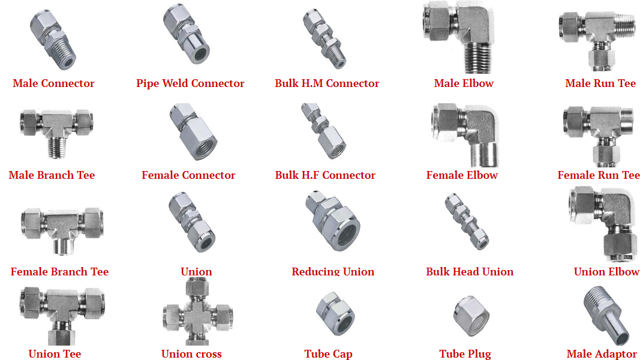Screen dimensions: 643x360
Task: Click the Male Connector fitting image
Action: click(53, 40)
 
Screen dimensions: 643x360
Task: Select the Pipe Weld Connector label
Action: click(190, 83)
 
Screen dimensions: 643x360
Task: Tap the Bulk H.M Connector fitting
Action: click(324, 39)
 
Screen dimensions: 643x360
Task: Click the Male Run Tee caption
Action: click(600, 83)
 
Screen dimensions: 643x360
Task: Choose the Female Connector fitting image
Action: click(193, 131)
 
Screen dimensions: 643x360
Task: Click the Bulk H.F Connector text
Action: click(325, 175)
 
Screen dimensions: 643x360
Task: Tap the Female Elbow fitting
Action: click(465, 135)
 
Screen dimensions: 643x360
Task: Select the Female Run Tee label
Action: click(599, 175)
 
